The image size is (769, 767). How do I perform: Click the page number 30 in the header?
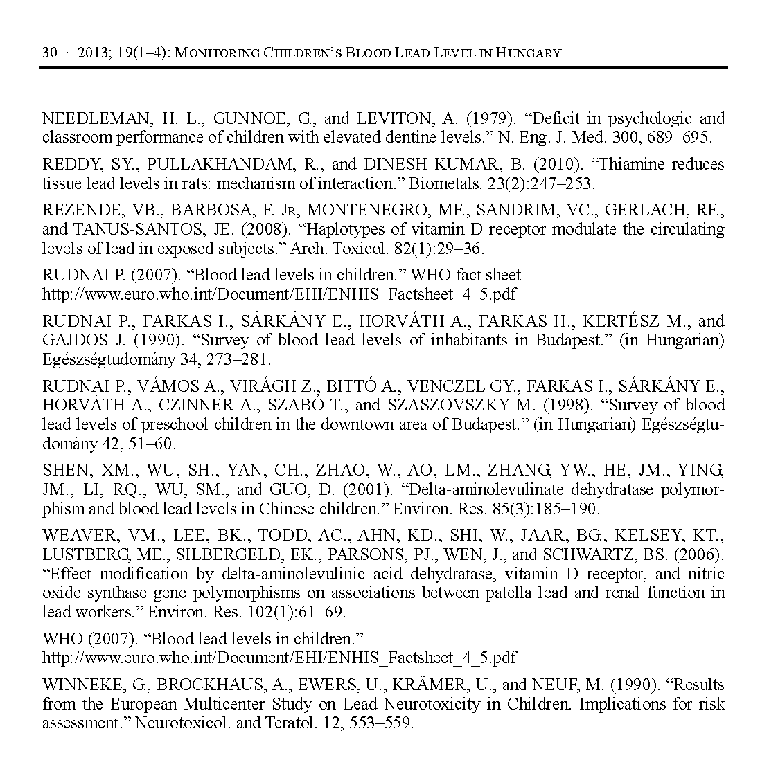tap(49, 53)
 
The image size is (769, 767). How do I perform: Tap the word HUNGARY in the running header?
tap(529, 53)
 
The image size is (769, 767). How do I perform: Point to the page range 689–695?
tap(680, 137)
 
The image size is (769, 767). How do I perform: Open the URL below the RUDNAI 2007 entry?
tap(279, 294)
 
